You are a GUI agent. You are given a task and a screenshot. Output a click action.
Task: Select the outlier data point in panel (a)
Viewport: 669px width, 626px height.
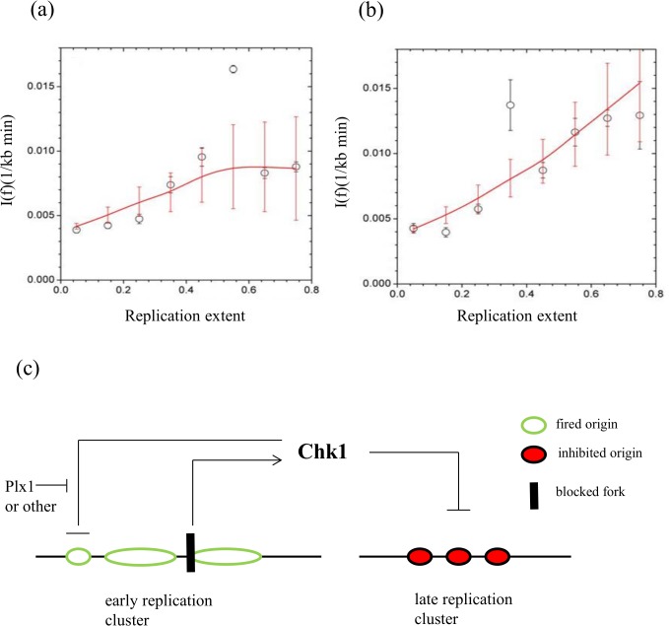coord(233,69)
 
